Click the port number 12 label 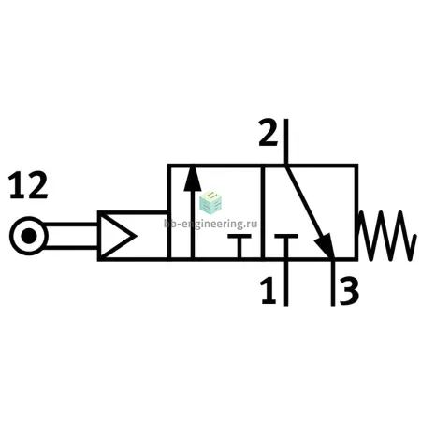(x=28, y=185)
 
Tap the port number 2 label (x=269, y=132)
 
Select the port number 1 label (x=269, y=291)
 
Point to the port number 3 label (x=349, y=292)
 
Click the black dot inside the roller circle (x=29, y=236)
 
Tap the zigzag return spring (x=386, y=236)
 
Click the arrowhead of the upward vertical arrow (x=193, y=179)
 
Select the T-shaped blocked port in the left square (x=240, y=245)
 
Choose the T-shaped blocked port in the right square (x=286, y=245)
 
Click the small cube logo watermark (x=210, y=202)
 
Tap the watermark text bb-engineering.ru (x=210, y=224)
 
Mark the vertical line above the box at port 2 (x=286, y=141)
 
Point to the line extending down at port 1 (x=286, y=283)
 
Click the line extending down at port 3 (x=333, y=283)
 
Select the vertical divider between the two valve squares (x=263, y=212)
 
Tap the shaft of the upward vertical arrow (x=193, y=224)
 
